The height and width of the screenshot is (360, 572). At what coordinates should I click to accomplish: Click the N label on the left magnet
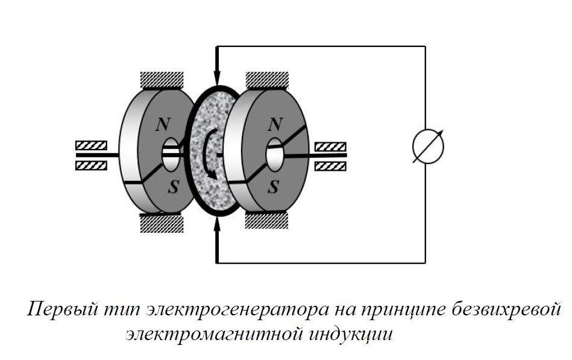pyautogui.click(x=161, y=125)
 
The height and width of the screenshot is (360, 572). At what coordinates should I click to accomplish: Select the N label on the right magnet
pyautogui.click(x=275, y=125)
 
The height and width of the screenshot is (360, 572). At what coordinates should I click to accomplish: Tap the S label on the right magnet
pyautogui.click(x=274, y=186)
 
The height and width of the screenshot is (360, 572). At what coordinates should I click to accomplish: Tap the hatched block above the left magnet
pyautogui.click(x=161, y=80)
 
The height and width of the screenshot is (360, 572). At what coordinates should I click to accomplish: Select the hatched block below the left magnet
pyautogui.click(x=161, y=224)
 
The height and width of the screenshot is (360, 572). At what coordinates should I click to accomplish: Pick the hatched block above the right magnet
pyautogui.click(x=267, y=80)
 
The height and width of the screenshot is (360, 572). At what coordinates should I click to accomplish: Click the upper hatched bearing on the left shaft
pyautogui.click(x=91, y=145)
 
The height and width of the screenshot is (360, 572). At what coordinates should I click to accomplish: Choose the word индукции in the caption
pyautogui.click(x=356, y=333)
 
